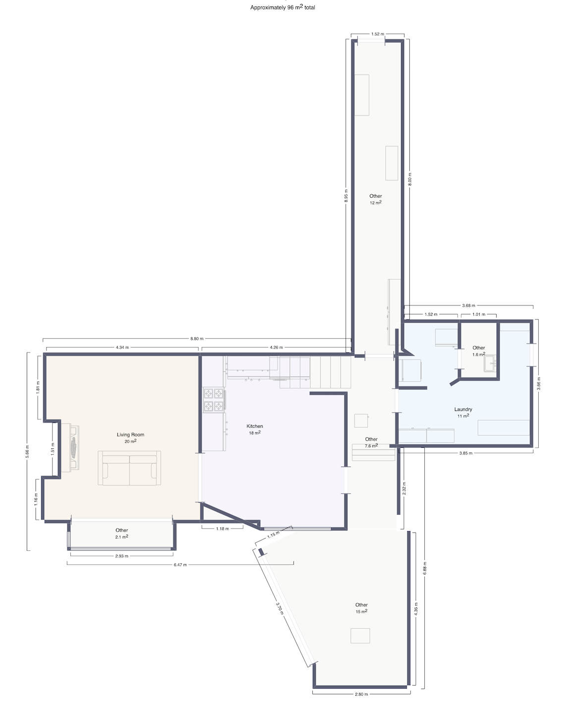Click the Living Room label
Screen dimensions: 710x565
(x=130, y=435)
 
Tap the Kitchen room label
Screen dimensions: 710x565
(x=255, y=426)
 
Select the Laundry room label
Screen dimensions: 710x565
(x=463, y=410)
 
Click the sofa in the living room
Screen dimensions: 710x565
(x=129, y=468)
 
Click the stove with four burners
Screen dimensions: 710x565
(x=214, y=400)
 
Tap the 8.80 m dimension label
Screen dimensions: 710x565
(x=197, y=339)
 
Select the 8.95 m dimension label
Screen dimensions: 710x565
(x=346, y=195)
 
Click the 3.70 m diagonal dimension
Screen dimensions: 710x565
(x=280, y=608)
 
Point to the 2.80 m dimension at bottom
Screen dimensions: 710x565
(x=361, y=694)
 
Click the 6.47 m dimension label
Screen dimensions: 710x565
(x=180, y=565)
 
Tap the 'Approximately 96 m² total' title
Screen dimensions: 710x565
(x=282, y=7)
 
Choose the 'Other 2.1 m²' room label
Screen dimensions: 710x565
(x=121, y=531)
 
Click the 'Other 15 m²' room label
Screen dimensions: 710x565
(x=361, y=605)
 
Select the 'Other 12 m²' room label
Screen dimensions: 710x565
(x=375, y=196)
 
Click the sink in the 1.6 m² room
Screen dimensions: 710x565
(x=490, y=364)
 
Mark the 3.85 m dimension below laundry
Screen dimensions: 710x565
(x=465, y=453)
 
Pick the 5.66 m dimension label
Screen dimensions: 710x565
(x=27, y=451)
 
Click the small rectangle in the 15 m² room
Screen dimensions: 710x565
(x=360, y=635)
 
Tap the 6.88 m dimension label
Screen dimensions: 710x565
(x=425, y=567)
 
